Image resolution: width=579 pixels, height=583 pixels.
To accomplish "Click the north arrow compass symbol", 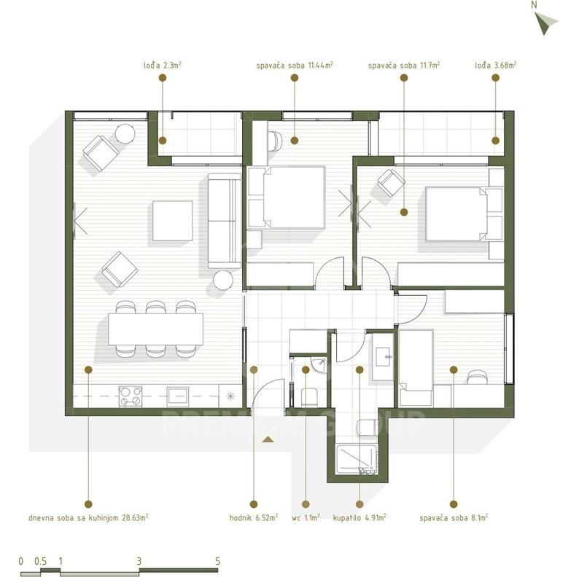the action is tap(545, 23).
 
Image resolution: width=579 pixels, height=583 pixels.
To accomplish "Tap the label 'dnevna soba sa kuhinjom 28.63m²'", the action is tap(88, 517).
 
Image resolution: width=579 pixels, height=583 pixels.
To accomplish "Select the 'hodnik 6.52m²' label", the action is tap(254, 517).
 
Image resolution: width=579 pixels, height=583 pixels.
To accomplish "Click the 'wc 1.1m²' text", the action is tap(306, 517).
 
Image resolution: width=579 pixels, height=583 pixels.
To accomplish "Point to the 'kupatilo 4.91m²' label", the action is tap(360, 517).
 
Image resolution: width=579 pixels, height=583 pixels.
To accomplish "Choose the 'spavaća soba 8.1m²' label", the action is tap(454, 517).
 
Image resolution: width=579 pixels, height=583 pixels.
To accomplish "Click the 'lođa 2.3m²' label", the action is tap(163, 66).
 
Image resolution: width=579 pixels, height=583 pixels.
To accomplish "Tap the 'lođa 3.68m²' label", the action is tap(495, 66).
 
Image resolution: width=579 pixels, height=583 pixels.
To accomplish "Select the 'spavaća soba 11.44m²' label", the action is tap(295, 66).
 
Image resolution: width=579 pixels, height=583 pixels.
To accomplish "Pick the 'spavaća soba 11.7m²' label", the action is tap(404, 66).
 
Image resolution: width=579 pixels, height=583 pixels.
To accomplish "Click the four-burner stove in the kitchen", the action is tap(131, 396).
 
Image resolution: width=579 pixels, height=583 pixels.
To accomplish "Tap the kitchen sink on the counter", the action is tap(178, 396).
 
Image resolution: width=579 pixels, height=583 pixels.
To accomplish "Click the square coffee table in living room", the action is tap(172, 221).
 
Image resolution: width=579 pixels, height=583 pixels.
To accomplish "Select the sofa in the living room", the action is tap(225, 221).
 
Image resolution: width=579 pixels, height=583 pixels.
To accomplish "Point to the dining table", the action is tap(156, 329).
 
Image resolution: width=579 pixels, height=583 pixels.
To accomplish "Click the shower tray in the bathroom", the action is tap(357, 459).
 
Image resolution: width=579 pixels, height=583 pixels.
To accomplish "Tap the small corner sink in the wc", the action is tap(318, 365).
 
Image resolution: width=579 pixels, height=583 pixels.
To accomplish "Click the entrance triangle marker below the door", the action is tap(268, 439).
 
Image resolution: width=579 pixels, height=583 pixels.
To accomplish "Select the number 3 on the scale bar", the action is tap(139, 561).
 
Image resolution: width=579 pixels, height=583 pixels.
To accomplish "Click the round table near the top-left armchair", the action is tap(125, 133).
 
